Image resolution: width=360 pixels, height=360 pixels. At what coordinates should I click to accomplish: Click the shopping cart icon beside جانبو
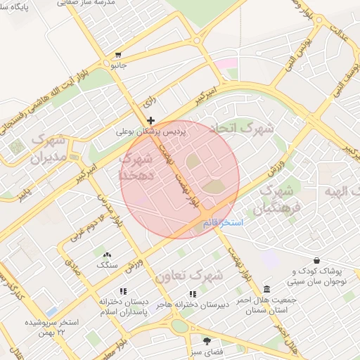click(x=118, y=55)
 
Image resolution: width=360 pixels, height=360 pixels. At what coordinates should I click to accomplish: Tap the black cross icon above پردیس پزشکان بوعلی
click(x=151, y=120)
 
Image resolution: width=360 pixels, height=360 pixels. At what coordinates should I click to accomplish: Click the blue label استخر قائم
click(x=221, y=222)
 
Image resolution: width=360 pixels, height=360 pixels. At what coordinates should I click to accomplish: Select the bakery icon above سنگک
click(x=107, y=255)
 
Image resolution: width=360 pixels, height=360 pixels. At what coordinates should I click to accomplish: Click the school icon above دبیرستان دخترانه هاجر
click(x=192, y=294)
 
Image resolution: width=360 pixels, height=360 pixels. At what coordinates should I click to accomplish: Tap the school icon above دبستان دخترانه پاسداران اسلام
click(x=123, y=291)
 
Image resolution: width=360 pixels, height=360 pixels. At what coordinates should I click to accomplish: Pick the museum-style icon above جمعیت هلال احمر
click(x=266, y=289)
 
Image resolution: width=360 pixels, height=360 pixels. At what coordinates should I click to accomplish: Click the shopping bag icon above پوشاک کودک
click(x=317, y=260)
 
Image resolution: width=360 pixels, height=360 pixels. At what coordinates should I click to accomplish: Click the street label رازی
click(x=148, y=102)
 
